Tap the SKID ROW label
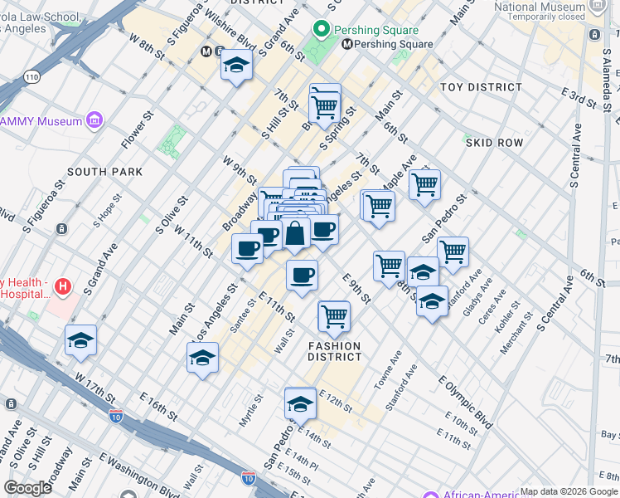tap(494, 143)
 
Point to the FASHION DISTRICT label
tap(335, 351)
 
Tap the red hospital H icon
tap(62, 287)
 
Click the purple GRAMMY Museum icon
tap(94, 121)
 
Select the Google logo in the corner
tap(27, 487)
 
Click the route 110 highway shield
tap(31, 76)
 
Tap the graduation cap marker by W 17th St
tap(80, 339)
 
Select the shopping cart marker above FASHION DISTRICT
tap(334, 315)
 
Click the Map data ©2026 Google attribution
tap(569, 491)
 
